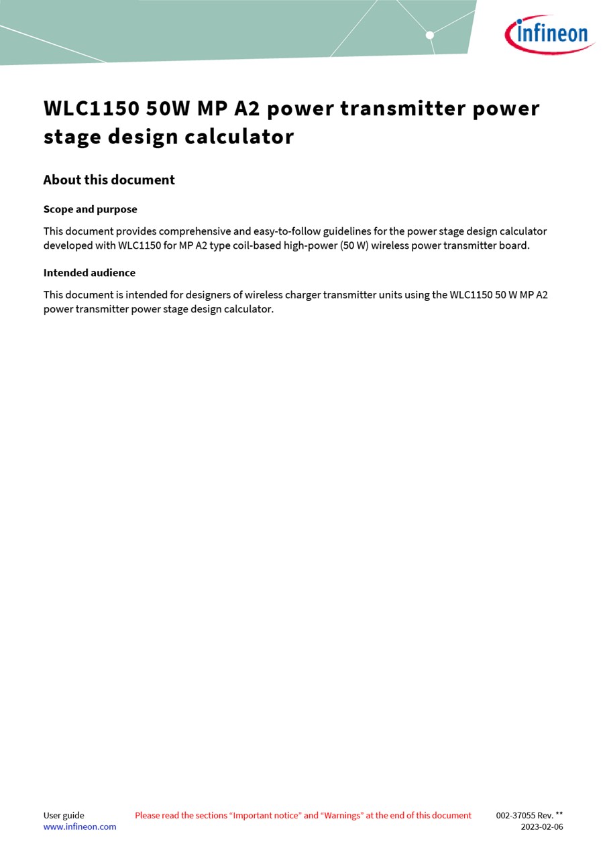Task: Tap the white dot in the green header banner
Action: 430,35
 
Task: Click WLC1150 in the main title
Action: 91,109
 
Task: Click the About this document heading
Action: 109,180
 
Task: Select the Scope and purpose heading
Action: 90,209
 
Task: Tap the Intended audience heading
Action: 89,273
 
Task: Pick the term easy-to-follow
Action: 287,231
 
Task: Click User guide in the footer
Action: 64,816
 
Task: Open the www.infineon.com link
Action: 80,827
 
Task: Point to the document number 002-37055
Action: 515,816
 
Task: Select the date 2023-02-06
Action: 542,827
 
